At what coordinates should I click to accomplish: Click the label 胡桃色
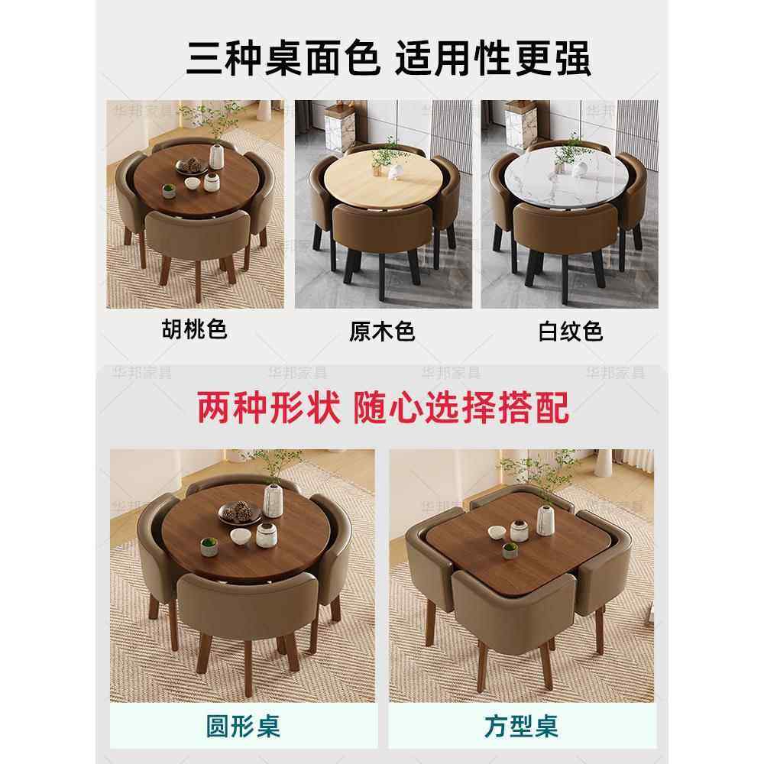tap(195, 329)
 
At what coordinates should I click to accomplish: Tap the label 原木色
tap(382, 331)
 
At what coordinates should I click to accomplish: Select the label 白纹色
tap(570, 331)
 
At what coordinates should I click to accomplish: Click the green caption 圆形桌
tap(242, 725)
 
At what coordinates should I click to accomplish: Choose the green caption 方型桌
tap(521, 725)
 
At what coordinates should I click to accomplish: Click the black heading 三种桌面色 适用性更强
tap(388, 60)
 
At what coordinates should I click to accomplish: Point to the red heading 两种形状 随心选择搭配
tap(383, 408)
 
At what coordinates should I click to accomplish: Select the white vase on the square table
tap(545, 519)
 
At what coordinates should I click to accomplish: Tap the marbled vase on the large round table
tap(273, 500)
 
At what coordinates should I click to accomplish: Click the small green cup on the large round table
tap(209, 545)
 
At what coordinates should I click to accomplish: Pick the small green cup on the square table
tap(510, 550)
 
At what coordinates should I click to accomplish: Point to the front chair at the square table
tap(513, 611)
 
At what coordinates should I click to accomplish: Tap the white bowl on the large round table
tap(240, 536)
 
